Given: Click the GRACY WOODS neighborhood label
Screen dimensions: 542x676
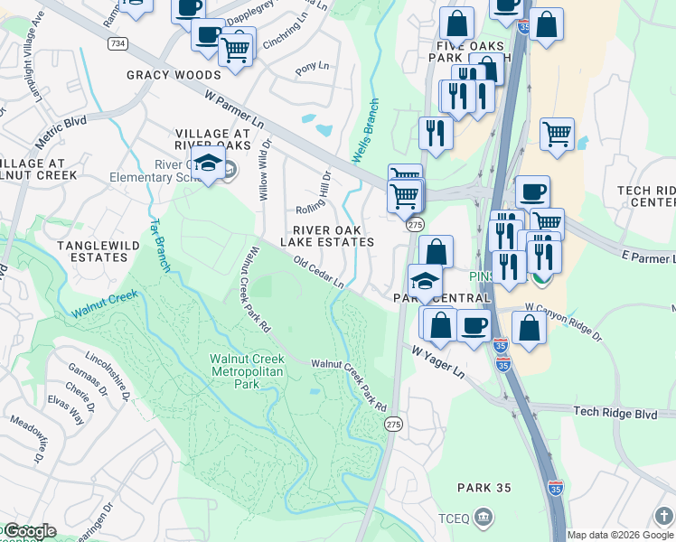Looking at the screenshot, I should click(174, 76).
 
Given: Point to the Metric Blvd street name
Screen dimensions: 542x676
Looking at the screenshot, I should click(61, 134).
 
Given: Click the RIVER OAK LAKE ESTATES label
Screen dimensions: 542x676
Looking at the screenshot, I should click(327, 236).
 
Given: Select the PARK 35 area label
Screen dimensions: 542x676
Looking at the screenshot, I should click(484, 488).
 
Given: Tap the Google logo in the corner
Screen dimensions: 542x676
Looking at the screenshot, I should click(29, 531).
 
